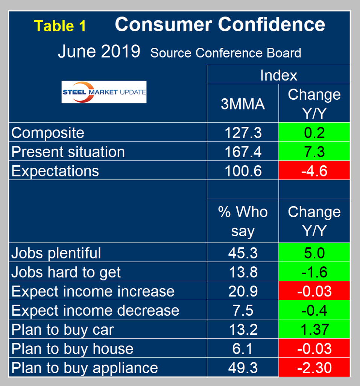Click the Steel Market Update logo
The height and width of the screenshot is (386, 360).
tap(104, 92)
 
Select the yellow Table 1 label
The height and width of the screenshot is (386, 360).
tap(60, 26)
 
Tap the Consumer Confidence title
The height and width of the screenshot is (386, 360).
tap(220, 25)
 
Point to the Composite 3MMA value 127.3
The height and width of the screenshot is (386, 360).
tap(243, 132)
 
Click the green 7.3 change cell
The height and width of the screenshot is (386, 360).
tap(314, 152)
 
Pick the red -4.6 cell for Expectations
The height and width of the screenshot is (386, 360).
tap(314, 171)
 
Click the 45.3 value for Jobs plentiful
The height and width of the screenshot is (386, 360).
tap(243, 253)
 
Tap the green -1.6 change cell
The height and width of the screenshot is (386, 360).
tap(314, 272)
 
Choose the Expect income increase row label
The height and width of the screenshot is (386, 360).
tap(93, 291)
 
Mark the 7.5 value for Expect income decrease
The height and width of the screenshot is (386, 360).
tap(243, 310)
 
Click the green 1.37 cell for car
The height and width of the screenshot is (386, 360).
tap(314, 330)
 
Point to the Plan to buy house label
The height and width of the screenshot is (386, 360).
tap(73, 349)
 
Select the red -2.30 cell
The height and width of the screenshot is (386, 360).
tap(314, 368)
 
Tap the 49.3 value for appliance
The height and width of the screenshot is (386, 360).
tap(243, 368)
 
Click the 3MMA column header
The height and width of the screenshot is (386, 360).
tap(243, 104)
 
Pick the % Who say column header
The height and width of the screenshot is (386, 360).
tap(243, 221)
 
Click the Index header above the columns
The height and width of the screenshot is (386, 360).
tap(278, 75)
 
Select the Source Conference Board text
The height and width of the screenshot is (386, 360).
tap(226, 53)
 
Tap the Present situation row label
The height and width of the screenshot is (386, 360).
tap(68, 152)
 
